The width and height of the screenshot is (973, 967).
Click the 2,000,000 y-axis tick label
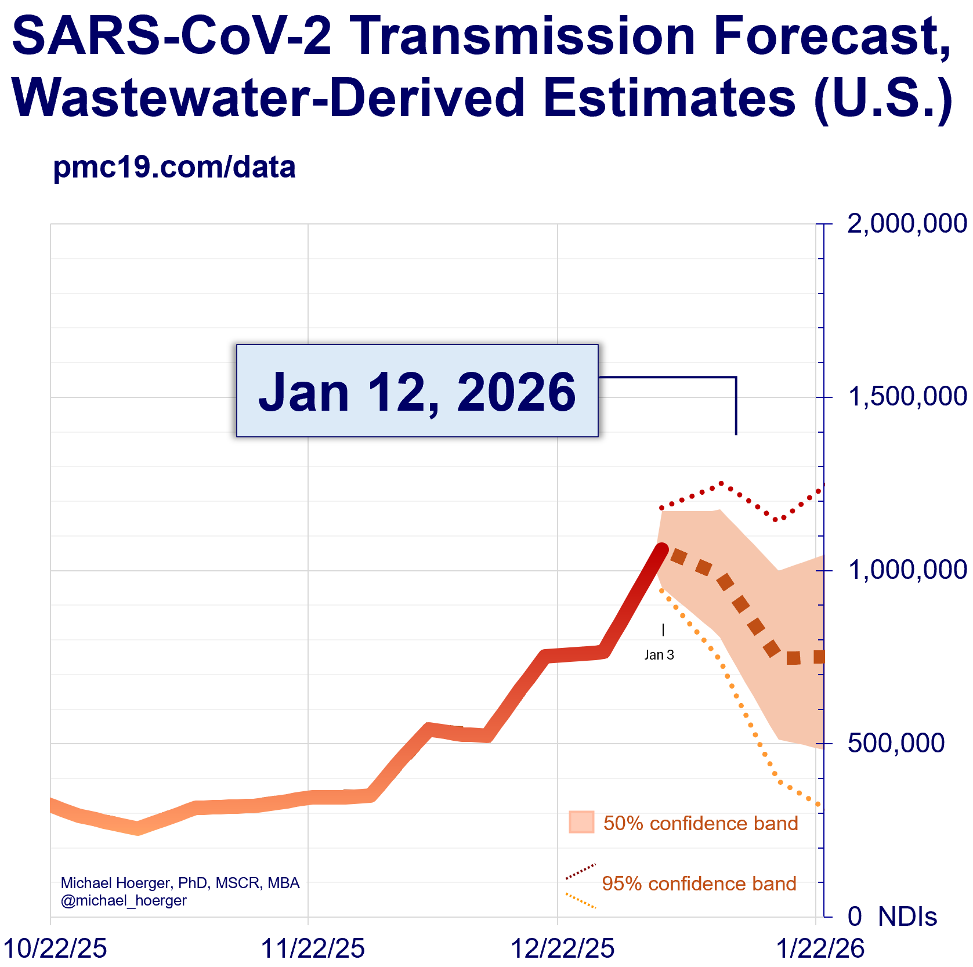click(x=907, y=224)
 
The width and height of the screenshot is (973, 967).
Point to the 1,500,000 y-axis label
click(x=907, y=397)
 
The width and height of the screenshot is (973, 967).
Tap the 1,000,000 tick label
click(x=907, y=570)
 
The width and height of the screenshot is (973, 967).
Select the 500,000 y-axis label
click(x=896, y=743)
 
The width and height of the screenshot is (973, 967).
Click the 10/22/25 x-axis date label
click(x=55, y=948)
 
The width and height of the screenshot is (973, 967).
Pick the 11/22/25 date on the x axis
click(x=313, y=948)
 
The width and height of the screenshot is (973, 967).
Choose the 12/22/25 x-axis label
click(x=562, y=948)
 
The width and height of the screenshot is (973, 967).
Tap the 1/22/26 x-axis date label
click(x=820, y=948)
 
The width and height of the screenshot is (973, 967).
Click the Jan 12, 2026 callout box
click(x=417, y=391)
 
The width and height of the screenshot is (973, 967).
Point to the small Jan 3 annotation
click(x=659, y=655)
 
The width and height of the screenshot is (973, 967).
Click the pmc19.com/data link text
click(x=174, y=167)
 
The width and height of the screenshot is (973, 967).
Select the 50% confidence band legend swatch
click(x=581, y=822)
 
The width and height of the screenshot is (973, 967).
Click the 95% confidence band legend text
click(x=699, y=883)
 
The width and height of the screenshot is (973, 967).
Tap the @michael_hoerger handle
click(x=124, y=900)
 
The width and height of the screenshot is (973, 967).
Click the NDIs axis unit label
click(x=907, y=917)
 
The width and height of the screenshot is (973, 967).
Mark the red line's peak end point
click(x=661, y=548)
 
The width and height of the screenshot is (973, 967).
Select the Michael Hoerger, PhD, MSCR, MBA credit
click(x=180, y=883)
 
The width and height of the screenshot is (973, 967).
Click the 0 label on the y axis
click(x=854, y=917)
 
